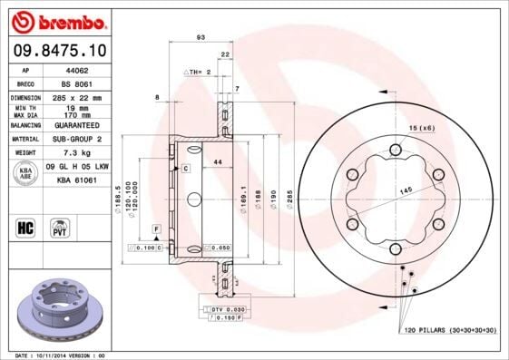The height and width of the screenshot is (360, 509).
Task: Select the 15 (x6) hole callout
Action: pos(421,128)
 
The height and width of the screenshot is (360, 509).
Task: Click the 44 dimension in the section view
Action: pos(217,161)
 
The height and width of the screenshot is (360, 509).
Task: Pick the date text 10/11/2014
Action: pos(59,355)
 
